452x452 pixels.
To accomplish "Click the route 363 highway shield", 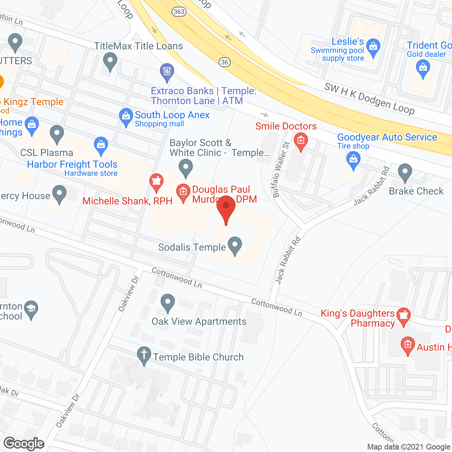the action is pyautogui.click(x=179, y=12).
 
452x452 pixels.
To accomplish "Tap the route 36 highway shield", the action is pyautogui.click(x=225, y=62).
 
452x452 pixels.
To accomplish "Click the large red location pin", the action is pyautogui.click(x=226, y=209).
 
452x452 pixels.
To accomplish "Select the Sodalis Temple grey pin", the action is pyautogui.click(x=234, y=245).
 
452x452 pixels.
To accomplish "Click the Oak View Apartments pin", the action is pyautogui.click(x=168, y=302).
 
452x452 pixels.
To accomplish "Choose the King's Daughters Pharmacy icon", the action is pyautogui.click(x=403, y=315).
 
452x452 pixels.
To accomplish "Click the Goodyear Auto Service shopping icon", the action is pyautogui.click(x=353, y=159).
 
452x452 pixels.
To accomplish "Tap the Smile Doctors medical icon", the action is pyautogui.click(x=301, y=141).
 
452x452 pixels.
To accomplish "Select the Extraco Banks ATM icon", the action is pyautogui.click(x=167, y=72).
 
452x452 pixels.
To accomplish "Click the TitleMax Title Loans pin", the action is pyautogui.click(x=110, y=61).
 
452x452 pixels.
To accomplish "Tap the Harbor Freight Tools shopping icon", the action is pyautogui.click(x=101, y=145).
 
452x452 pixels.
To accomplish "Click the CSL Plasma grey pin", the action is pyautogui.click(x=56, y=134).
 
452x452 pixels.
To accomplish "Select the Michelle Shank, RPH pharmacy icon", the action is pyautogui.click(x=156, y=182).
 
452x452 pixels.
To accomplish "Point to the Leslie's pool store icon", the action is pyautogui.click(x=373, y=47).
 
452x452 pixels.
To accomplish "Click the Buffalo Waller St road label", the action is pyautogui.click(x=281, y=169).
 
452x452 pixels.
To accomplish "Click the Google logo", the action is pyautogui.click(x=24, y=444).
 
